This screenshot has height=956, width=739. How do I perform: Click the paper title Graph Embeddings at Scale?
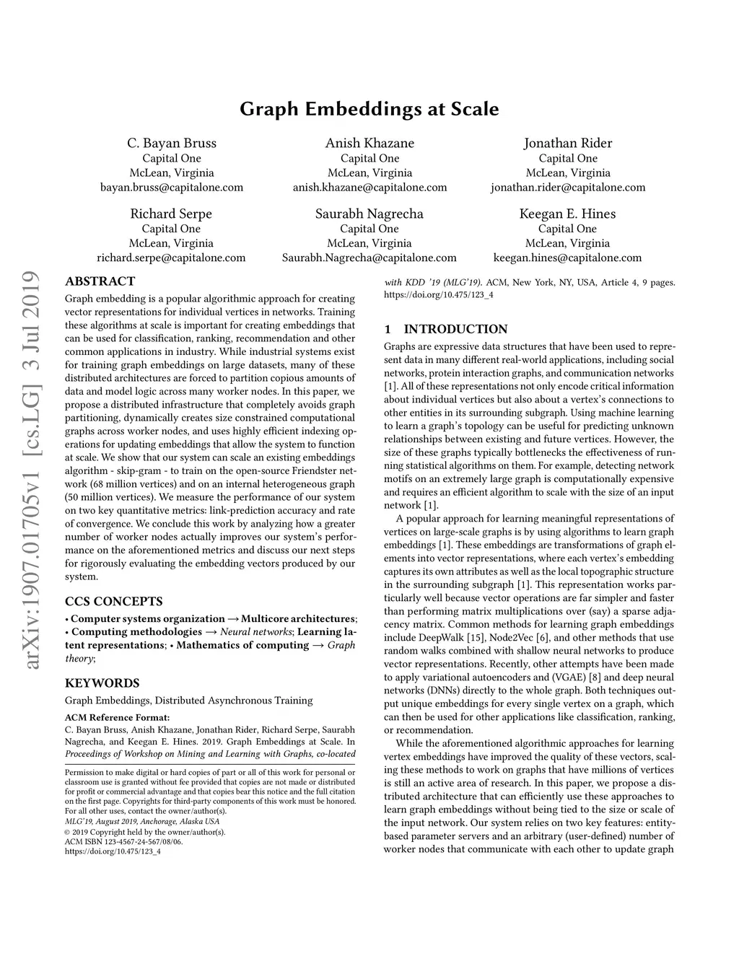click(369, 110)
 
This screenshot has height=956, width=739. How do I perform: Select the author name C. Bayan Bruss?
click(172, 143)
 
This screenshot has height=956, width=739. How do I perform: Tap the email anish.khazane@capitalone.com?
click(369, 188)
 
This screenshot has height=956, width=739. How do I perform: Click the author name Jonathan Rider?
click(567, 143)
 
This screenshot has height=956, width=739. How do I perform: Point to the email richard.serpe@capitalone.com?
click(171, 258)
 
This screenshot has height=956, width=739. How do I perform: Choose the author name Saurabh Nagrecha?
click(369, 214)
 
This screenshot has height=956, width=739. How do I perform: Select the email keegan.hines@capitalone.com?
click(567, 258)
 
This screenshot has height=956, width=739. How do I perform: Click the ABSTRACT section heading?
click(100, 281)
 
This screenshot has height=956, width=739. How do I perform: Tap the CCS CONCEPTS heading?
click(114, 601)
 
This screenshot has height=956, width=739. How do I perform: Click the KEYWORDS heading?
click(102, 683)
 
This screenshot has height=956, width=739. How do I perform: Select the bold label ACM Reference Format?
click(117, 717)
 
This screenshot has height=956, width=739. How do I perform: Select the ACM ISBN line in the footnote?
click(123, 841)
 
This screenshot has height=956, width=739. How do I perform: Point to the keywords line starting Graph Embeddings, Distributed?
click(189, 700)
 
